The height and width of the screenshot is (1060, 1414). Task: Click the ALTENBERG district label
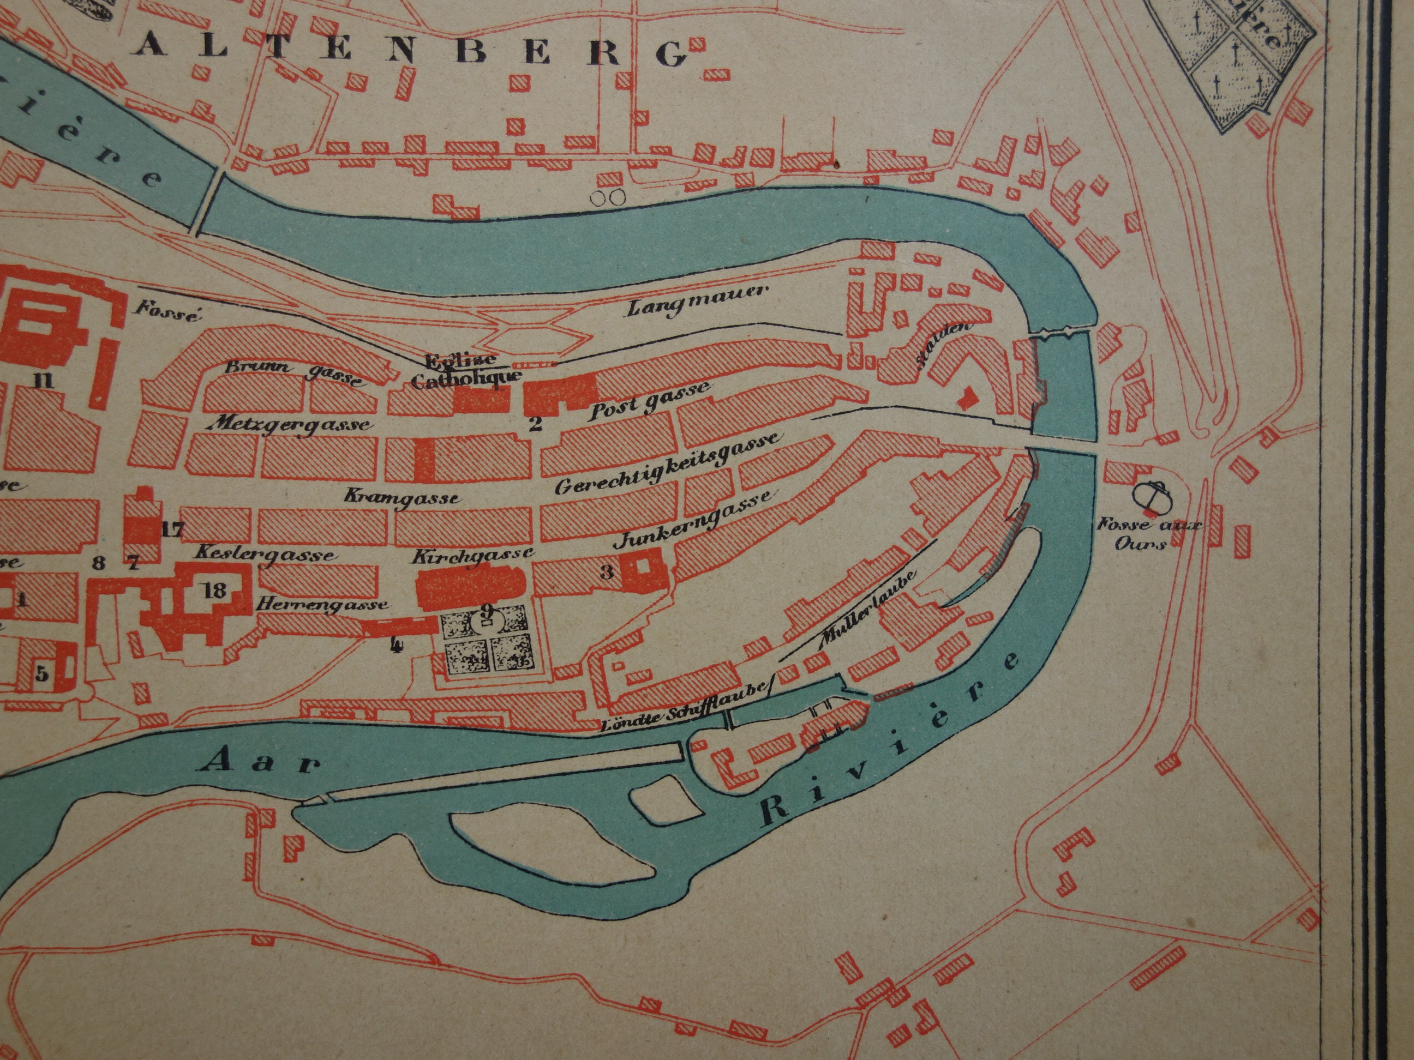(x=413, y=51)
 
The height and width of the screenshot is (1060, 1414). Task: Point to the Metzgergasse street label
(x=293, y=424)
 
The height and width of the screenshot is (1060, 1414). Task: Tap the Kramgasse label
(x=402, y=496)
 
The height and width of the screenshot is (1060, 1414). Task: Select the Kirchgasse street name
(x=472, y=554)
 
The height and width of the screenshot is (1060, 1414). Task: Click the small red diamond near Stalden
(x=967, y=399)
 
